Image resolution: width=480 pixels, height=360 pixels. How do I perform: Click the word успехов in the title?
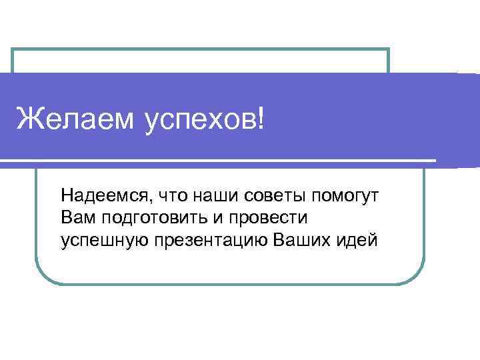(x=199, y=122)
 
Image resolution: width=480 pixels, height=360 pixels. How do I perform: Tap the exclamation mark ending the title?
(x=259, y=121)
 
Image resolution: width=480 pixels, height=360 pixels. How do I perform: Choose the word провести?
(x=268, y=218)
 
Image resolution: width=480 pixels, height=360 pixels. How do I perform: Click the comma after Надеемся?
(x=148, y=201)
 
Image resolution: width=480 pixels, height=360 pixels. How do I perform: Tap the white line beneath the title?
(x=220, y=161)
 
